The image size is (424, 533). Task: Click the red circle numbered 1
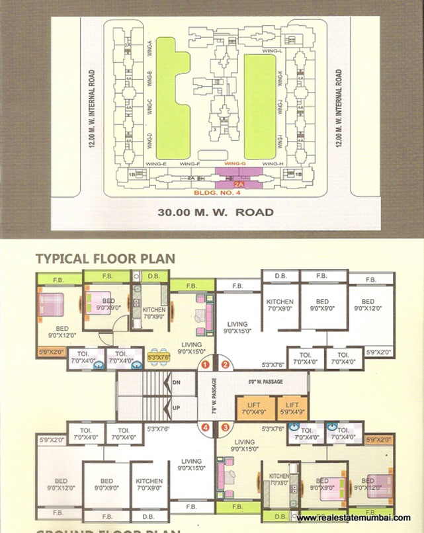(x=206, y=364)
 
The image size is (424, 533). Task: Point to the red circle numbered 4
(x=206, y=427)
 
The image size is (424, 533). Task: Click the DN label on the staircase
(x=176, y=383)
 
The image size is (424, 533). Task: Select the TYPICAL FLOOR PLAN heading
(x=105, y=259)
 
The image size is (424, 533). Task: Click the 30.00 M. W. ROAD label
(x=216, y=213)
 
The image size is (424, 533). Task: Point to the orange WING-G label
(x=235, y=163)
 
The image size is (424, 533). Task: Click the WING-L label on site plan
(x=273, y=51)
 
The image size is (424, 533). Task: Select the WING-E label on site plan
(x=157, y=163)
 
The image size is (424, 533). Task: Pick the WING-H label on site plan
(x=273, y=163)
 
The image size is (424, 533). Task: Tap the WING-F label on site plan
(x=189, y=163)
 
